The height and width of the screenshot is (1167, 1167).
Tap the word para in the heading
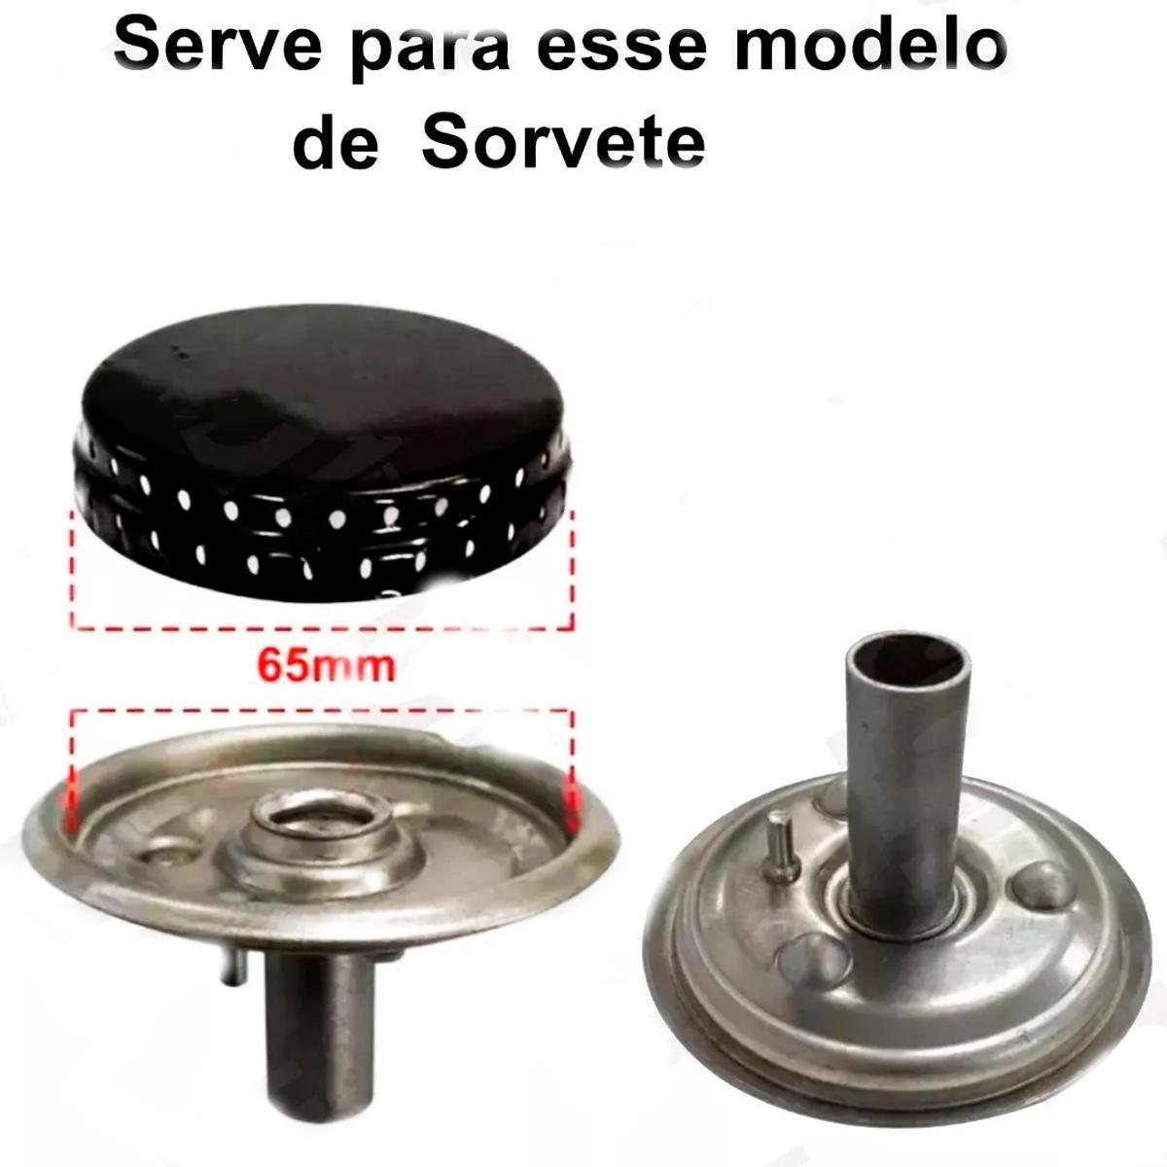[430, 52]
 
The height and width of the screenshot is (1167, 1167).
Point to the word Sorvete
[563, 143]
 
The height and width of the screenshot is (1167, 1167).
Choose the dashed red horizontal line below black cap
[323, 627]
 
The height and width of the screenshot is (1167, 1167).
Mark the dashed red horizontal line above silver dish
[321, 711]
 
